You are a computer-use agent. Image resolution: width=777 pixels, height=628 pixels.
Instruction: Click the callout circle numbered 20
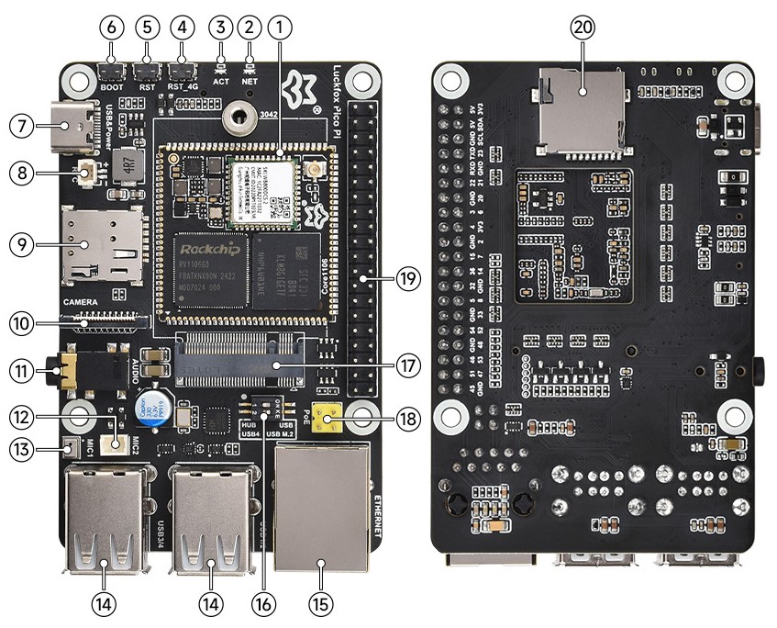pos(582,28)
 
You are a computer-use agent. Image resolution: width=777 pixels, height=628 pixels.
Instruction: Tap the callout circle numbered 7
pos(22,124)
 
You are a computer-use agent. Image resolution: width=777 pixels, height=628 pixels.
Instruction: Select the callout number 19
pos(409,276)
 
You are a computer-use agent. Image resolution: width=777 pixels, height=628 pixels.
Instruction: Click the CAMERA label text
pos(81,302)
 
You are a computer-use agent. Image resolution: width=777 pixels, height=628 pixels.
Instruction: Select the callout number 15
pos(322,605)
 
